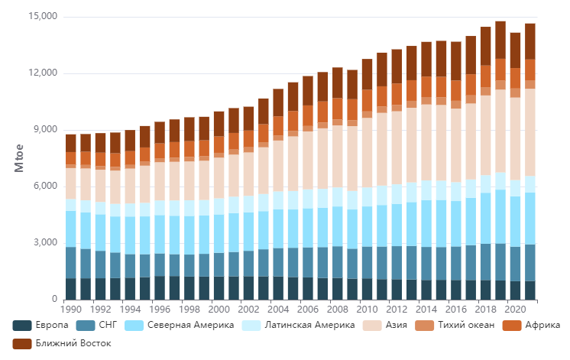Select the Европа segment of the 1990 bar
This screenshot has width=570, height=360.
click(x=71, y=289)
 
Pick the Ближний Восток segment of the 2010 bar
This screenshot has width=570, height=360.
click(x=368, y=74)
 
